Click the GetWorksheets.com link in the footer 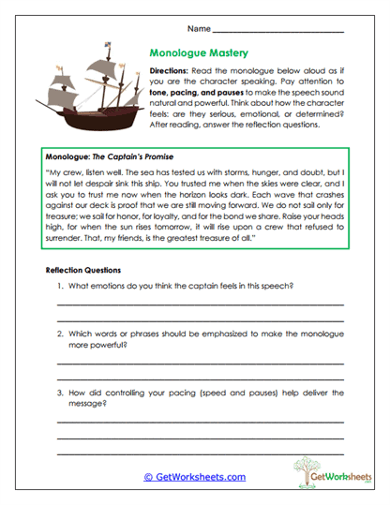click(x=194, y=476)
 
